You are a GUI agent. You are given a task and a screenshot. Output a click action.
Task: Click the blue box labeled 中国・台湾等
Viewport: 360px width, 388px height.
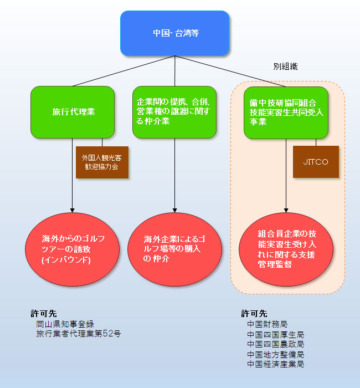tap(175, 33)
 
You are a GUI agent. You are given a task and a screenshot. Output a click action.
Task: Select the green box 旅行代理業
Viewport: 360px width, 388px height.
tap(73, 112)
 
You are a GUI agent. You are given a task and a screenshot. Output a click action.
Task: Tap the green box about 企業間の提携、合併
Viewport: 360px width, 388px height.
tap(174, 112)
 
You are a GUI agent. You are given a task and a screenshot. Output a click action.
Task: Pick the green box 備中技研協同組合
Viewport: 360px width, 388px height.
tap(286, 113)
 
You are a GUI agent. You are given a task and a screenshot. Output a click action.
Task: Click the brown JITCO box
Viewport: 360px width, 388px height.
tap(316, 162)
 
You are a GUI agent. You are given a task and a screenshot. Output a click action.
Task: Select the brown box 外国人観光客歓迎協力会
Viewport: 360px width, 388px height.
tap(102, 162)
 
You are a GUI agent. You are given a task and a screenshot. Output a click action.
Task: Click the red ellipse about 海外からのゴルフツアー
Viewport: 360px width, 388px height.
tap(72, 249)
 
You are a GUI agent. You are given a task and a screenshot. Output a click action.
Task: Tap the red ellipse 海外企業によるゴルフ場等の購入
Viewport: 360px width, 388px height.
tap(174, 249)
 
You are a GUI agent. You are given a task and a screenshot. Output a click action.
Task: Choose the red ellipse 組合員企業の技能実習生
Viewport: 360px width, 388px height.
tap(286, 249)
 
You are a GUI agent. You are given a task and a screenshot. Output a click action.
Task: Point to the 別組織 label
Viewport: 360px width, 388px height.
tap(286, 67)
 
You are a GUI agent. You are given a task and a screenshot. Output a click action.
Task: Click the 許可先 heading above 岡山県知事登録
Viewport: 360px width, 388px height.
tap(44, 314)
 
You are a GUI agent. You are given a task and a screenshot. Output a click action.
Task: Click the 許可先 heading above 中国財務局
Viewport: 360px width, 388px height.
tap(254, 314)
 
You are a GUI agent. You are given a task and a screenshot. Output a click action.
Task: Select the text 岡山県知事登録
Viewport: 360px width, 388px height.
tap(65, 324)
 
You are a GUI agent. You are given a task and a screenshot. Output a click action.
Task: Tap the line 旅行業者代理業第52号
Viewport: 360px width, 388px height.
tap(79, 334)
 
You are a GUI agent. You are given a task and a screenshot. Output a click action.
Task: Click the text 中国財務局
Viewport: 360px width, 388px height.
tap(268, 324)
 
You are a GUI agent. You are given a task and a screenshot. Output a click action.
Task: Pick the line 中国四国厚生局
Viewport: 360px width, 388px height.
tap(275, 335)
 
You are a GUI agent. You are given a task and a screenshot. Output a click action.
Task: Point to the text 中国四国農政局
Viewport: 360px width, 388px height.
tap(275, 344)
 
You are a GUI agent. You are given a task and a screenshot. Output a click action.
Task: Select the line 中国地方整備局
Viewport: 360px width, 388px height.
tap(275, 355)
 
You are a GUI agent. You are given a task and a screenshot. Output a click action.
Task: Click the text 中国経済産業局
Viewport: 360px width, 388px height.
tap(275, 364)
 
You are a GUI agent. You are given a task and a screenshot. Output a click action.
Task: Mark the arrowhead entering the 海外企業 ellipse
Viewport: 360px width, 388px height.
tap(174, 211)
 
